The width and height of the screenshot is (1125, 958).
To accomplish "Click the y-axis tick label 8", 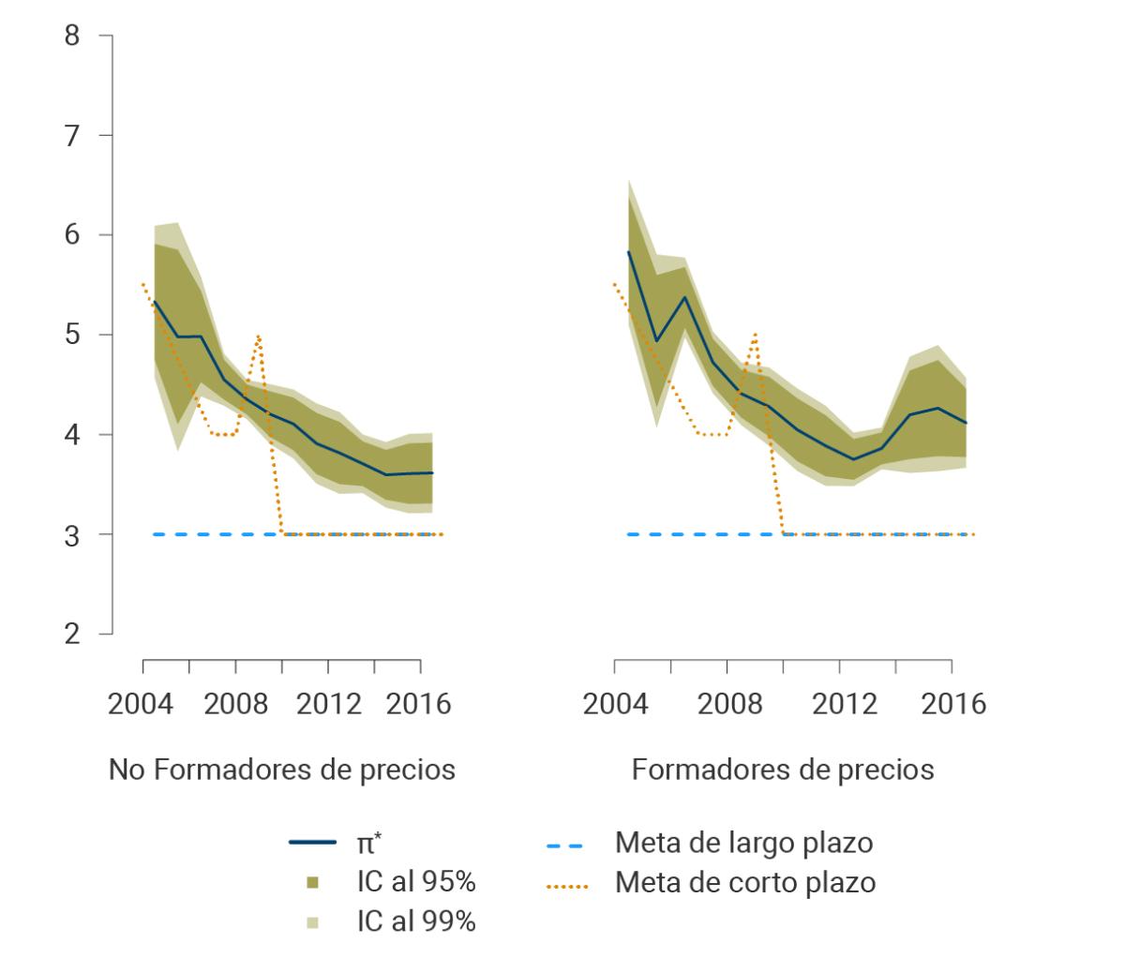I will click(x=73, y=37).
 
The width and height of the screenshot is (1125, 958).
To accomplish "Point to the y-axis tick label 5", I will click(x=73, y=335).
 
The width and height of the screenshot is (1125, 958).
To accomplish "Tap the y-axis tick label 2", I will click(x=73, y=634).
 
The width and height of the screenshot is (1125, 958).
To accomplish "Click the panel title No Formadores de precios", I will click(x=282, y=771).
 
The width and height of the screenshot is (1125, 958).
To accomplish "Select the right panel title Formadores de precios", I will click(x=783, y=771).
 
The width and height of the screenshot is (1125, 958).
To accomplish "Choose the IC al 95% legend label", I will click(x=415, y=882).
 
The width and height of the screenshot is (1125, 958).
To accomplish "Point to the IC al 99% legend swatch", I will click(x=312, y=922).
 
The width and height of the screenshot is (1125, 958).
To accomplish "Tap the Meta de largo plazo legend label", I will click(x=743, y=843).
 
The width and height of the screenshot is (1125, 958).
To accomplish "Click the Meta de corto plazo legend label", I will click(x=745, y=882).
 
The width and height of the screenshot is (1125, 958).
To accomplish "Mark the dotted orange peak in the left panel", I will click(x=258, y=336).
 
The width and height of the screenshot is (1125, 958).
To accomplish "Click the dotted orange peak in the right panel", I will click(x=753, y=334).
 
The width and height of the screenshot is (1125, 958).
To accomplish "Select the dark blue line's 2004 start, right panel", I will click(x=628, y=251).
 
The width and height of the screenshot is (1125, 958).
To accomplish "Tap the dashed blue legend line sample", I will click(x=564, y=845).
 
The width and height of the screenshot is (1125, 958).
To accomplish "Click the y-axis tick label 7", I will click(x=73, y=135).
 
